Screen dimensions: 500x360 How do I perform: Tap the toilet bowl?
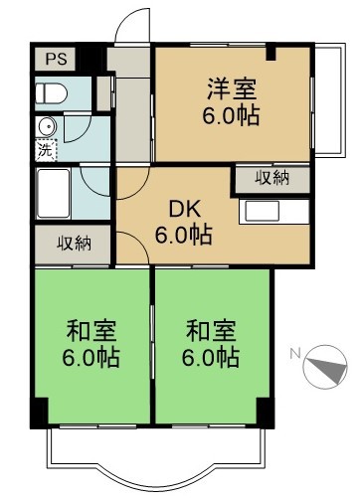click(50, 94)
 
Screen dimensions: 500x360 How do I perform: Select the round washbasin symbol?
click(45, 127)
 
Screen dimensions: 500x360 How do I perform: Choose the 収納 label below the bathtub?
click(74, 242)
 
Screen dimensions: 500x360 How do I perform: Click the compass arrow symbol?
click(324, 366)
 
